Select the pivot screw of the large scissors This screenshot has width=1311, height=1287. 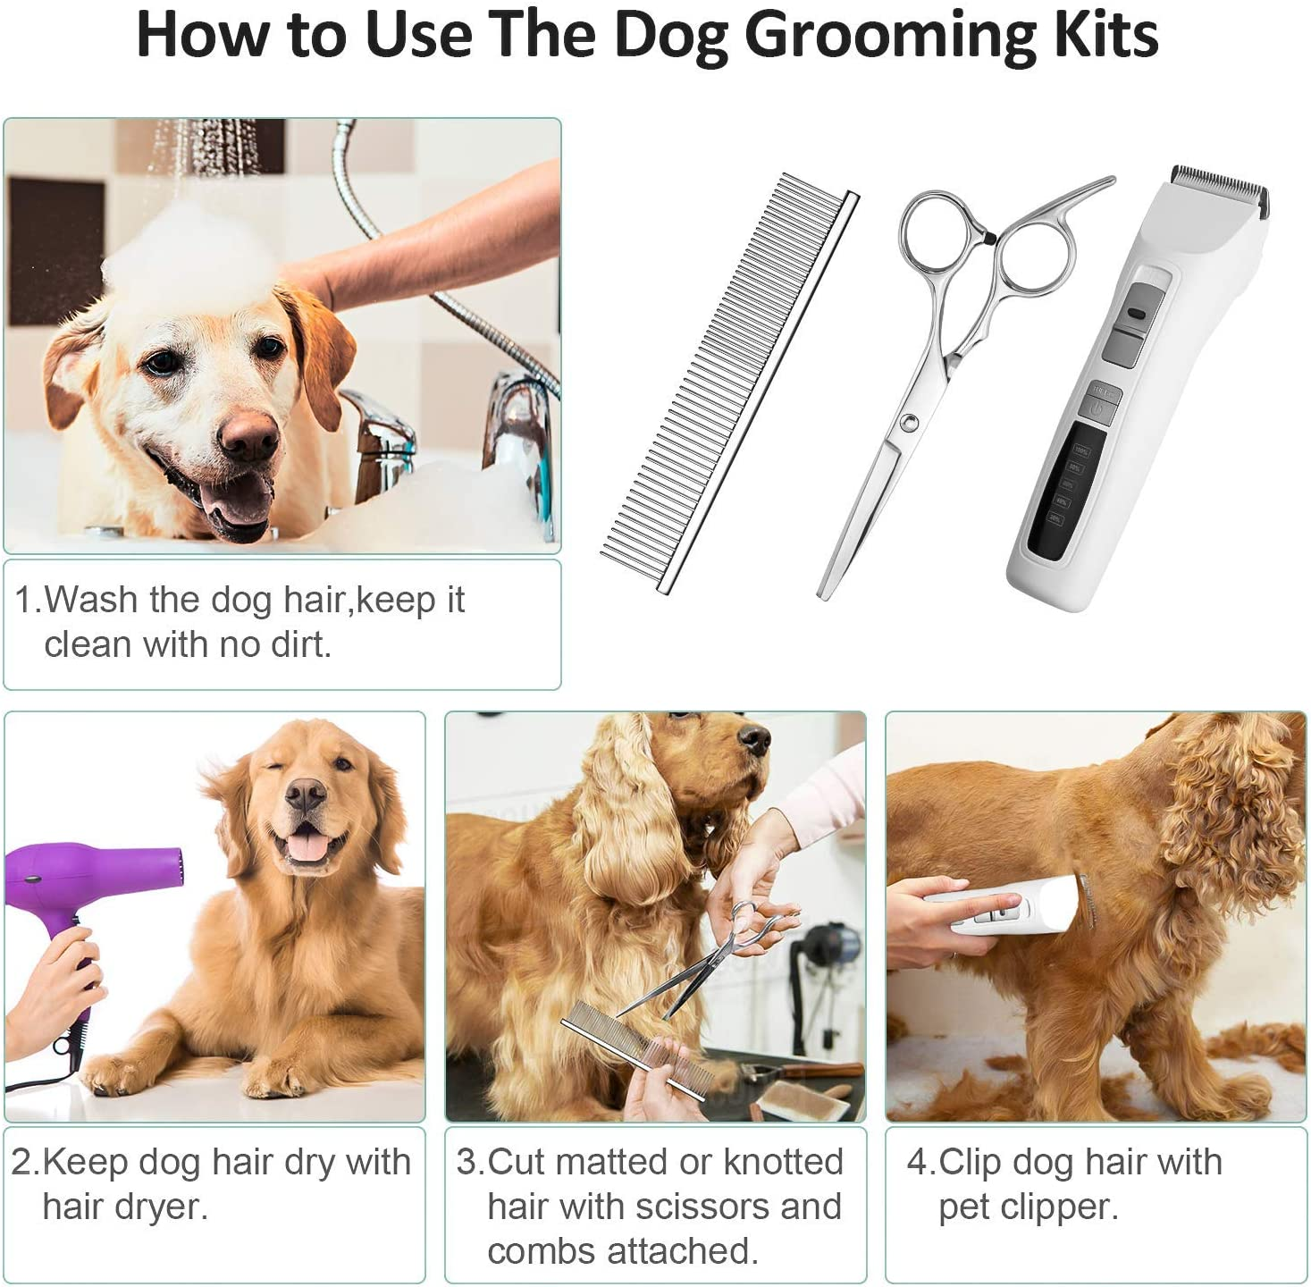pos(909,422)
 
